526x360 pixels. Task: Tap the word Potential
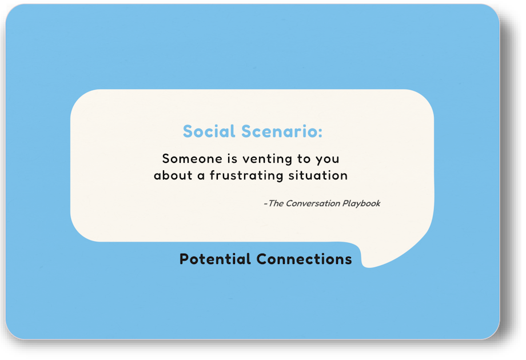tap(216, 259)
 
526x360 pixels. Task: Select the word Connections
tap(304, 259)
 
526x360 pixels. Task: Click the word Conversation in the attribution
tap(312, 203)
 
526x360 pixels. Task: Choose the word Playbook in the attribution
tap(361, 203)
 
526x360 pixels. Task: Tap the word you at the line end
tap(328, 159)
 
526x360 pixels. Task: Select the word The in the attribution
tap(276, 203)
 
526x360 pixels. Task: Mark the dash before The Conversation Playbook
tap(265, 204)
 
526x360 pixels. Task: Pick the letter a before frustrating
tap(201, 176)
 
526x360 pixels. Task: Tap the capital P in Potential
tap(184, 259)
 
